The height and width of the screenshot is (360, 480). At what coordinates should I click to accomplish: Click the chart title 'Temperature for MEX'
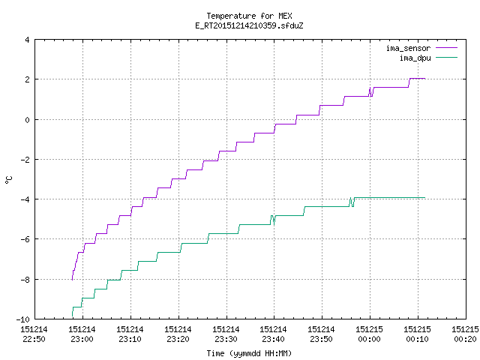coord(249,16)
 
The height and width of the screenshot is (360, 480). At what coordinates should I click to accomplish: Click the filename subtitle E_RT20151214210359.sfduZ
coord(249,25)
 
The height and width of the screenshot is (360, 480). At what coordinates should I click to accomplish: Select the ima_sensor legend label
coord(408,48)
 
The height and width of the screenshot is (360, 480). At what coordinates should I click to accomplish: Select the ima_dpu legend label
coord(415,58)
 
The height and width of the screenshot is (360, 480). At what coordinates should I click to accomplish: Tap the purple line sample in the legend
coord(446,48)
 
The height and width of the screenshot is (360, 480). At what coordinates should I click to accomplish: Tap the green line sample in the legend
coord(446,57)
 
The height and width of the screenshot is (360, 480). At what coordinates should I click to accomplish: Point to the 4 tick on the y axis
coord(27,40)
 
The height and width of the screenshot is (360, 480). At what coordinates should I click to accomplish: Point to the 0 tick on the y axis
coord(27,120)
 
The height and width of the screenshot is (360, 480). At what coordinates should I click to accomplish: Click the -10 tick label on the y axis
coord(23,319)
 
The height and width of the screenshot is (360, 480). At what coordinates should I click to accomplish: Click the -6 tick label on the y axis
coord(25,239)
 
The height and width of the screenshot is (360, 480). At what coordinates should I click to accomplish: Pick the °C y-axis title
coord(8,180)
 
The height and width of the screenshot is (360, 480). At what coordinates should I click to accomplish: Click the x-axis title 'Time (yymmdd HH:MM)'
coord(249,353)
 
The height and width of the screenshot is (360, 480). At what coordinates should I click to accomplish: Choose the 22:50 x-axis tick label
coord(34,339)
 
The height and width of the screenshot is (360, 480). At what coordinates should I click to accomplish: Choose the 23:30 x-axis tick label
coord(226,339)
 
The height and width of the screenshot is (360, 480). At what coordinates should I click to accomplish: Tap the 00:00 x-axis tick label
coord(369,339)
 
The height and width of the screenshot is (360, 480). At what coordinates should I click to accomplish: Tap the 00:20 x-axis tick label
coord(465,339)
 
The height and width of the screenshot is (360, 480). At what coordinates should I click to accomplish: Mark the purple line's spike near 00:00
coord(370,88)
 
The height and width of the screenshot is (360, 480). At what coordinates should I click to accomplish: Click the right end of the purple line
coord(425,79)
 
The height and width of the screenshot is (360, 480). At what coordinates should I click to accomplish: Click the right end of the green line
coord(425,198)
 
